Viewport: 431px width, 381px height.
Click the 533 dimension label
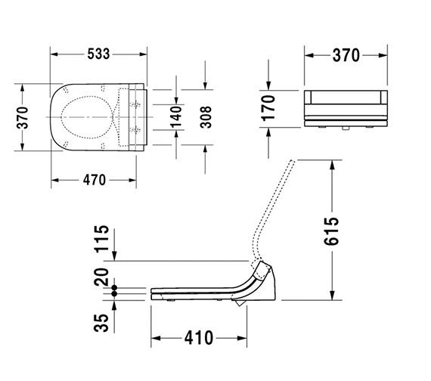pos(98,54)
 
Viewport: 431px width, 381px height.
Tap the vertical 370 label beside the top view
pos(23,118)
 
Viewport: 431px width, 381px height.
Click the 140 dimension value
pos(176,119)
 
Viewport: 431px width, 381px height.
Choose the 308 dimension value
pos(205,119)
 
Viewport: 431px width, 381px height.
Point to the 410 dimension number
pos(198,337)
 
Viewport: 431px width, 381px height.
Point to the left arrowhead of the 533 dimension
pos(55,54)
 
